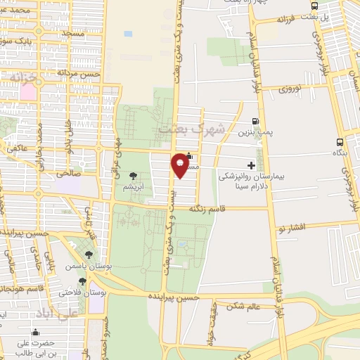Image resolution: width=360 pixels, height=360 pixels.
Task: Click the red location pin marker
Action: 181,164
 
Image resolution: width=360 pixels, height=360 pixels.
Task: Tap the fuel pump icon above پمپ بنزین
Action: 255,121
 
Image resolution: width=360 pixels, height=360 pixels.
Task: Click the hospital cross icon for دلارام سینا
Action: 252,165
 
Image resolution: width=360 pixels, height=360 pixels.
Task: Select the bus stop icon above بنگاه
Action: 340,141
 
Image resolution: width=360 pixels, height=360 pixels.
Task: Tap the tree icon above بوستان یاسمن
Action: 89,256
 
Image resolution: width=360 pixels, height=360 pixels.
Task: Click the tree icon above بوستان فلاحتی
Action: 83,281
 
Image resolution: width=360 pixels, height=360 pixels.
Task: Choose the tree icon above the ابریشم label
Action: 134,176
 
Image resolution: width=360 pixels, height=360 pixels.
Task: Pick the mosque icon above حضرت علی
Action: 36,333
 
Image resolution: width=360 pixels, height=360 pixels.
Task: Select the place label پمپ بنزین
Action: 254,131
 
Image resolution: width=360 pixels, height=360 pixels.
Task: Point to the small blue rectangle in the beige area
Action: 128,33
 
